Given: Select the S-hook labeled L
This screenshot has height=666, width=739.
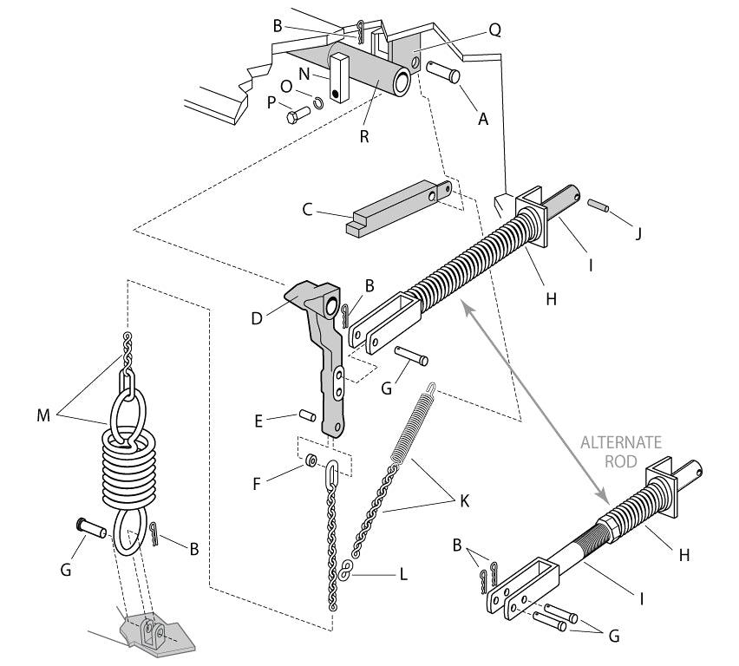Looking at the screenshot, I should tap(345, 572).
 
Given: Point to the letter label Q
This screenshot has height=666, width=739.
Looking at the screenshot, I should tap(495, 30).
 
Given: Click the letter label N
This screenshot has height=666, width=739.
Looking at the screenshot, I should tap(304, 75).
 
